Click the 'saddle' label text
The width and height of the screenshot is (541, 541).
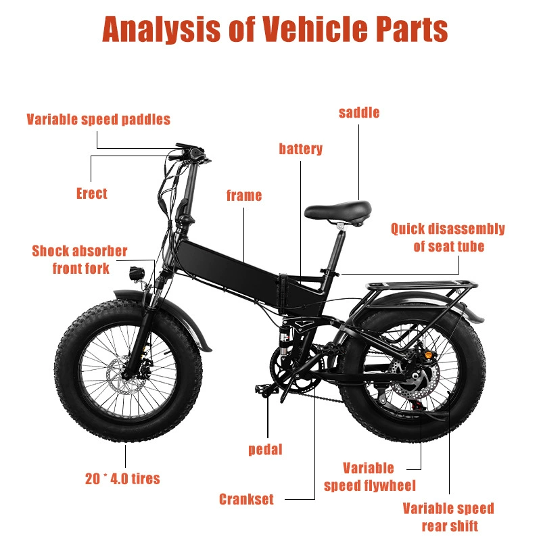tap(359, 113)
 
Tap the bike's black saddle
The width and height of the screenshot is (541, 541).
tap(338, 210)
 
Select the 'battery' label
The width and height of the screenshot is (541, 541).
tap(300, 149)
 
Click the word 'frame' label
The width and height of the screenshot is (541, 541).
tap(244, 195)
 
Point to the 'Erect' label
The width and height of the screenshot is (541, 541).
tap(92, 193)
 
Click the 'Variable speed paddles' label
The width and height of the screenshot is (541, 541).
tap(98, 120)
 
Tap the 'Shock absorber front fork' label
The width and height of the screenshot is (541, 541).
tap(80, 260)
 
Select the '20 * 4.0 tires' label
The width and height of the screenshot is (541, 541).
tap(122, 479)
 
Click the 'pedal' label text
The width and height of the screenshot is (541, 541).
tap(265, 450)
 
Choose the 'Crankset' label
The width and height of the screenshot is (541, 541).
tap(246, 499)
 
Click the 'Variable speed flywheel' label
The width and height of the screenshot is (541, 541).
tap(369, 477)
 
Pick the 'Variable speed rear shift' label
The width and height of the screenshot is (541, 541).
tap(448, 517)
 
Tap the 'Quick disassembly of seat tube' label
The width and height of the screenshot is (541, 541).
tap(448, 238)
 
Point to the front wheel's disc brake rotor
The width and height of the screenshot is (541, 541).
tap(122, 375)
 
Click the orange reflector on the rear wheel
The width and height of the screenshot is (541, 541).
tap(429, 354)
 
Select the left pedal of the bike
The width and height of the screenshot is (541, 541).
tap(267, 390)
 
